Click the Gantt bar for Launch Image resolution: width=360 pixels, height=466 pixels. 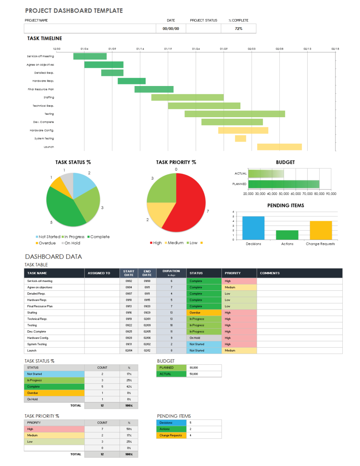pos(279,147)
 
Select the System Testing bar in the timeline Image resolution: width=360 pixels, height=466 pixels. pos(240,138)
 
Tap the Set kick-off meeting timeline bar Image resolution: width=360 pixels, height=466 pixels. pos(90,56)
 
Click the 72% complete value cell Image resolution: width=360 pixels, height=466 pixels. pos(238,28)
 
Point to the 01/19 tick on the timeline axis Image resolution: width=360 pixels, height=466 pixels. pos(168,49)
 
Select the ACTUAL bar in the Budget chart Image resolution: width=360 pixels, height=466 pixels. pos(266,174)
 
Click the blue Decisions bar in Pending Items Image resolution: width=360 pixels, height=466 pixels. pos(253,228)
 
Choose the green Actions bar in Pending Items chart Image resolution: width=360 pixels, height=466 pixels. pos(287,235)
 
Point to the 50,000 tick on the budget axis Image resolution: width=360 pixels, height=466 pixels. pos(284,194)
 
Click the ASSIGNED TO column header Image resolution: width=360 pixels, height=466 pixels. pos(99,273)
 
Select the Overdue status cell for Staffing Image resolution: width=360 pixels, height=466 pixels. pos(204,313)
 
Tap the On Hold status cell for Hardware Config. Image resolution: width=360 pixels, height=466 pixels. pos(204,338)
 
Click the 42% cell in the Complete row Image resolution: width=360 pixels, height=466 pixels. pos(129,387)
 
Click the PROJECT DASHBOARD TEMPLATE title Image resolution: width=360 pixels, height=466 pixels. pos(74,11)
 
